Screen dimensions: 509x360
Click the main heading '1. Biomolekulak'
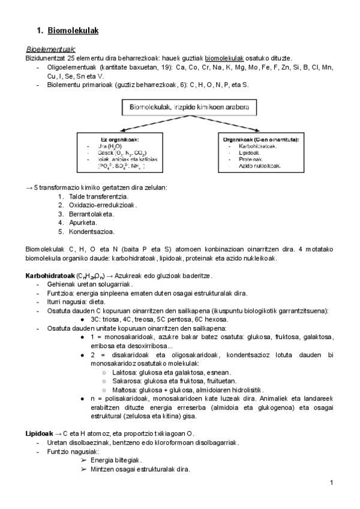[x=67, y=30]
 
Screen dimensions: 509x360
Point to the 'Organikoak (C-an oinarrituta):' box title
[x=261, y=139]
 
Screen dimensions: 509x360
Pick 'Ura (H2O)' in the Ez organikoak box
[x=109, y=146]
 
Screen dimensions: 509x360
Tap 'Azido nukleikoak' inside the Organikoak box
[x=260, y=165]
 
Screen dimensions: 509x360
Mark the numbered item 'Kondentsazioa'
[x=92, y=230]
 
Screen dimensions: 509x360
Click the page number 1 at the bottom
[x=331, y=483]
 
